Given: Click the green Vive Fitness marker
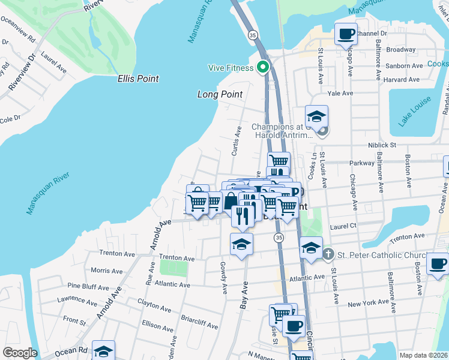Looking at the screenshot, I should (262, 67).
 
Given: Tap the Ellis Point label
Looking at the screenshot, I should (138, 79).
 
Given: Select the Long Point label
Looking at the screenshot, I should (220, 94).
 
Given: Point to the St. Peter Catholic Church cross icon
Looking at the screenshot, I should (328, 254).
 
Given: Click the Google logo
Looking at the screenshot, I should (20, 353).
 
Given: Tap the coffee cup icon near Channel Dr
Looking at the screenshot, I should (345, 34).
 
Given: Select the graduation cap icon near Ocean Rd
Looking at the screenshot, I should (103, 350).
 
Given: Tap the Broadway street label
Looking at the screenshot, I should (401, 49).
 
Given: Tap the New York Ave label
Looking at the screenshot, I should (371, 304).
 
